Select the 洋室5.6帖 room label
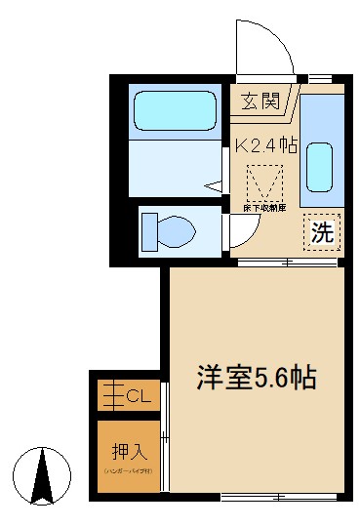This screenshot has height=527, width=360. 258,378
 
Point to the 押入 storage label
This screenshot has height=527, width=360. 128,451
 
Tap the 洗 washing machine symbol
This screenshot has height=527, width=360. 320,233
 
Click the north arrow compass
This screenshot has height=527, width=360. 43,477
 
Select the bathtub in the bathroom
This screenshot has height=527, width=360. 174,113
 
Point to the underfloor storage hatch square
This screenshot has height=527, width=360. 264,182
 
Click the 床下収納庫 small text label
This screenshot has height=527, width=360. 264,208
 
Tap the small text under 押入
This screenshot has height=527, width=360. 128,471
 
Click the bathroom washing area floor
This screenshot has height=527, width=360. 174,166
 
